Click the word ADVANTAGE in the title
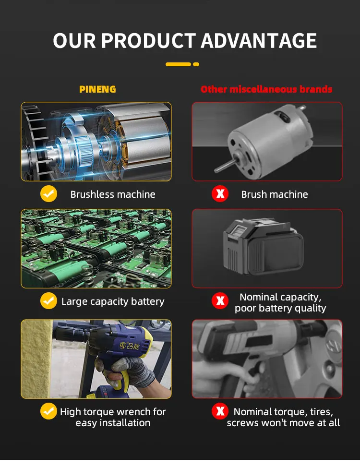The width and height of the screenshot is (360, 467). [x=259, y=41]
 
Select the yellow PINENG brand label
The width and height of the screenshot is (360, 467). [x=97, y=89]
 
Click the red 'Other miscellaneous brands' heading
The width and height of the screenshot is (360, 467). [x=266, y=89]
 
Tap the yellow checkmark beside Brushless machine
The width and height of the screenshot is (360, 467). [x=49, y=194]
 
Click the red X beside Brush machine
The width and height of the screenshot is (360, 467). [x=220, y=194]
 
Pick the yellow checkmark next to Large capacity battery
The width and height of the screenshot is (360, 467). [x=49, y=301]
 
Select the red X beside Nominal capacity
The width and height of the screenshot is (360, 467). [x=220, y=301]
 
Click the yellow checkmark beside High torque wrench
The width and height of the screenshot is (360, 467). [x=49, y=411]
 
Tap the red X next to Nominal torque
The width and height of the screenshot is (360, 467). [x=220, y=411]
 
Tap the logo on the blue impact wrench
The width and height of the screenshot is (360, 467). [x=129, y=346]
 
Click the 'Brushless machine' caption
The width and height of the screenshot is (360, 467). [x=113, y=194]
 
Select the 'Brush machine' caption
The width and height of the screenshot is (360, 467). [x=275, y=194]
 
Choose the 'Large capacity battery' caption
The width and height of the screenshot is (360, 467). [x=113, y=301]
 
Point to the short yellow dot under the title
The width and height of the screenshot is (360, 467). [x=196, y=64]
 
